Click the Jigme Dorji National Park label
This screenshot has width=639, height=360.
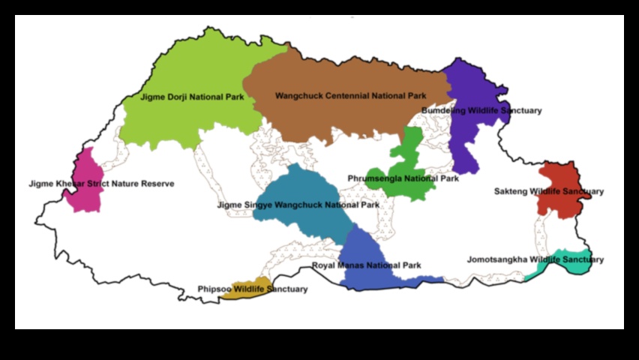pos(192,97)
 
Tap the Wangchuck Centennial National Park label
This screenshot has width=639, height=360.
pos(350,96)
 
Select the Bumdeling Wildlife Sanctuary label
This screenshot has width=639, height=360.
pos(481,111)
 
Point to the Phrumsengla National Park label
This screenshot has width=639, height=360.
pos(403,178)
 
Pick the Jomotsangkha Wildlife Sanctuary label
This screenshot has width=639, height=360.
pos(535,259)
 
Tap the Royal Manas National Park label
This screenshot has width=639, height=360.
pos(366,265)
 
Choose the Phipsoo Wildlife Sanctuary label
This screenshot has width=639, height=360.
pos(252,289)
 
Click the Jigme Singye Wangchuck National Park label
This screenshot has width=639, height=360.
pos(298,205)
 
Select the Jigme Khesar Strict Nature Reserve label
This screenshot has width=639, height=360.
pos(101,184)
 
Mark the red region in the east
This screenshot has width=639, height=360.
pos(559,177)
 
